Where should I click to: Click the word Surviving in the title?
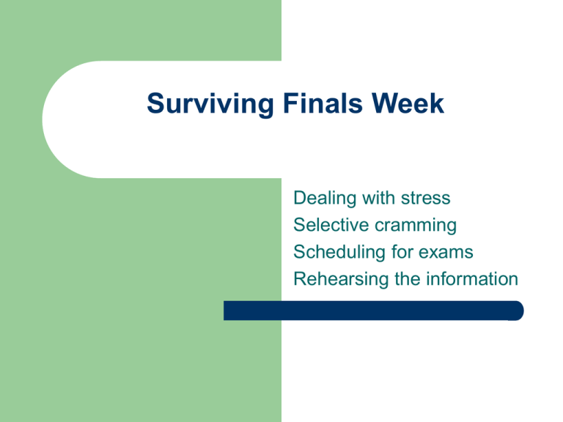pyautogui.click(x=210, y=105)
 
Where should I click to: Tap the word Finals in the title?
pyautogui.click(x=323, y=103)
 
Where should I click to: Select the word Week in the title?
pyautogui.click(x=408, y=103)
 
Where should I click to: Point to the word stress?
pyautogui.click(x=425, y=199)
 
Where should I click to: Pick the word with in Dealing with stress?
pyautogui.click(x=378, y=198)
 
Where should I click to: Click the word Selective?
pyautogui.click(x=331, y=225)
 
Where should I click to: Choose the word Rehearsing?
pyautogui.click(x=341, y=280)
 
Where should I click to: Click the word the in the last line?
pyautogui.click(x=407, y=279)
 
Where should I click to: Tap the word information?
pyautogui.click(x=472, y=279)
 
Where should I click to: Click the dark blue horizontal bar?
pyautogui.click(x=373, y=311)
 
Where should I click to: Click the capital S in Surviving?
pyautogui.click(x=156, y=103)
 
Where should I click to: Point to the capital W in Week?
pyautogui.click(x=386, y=103)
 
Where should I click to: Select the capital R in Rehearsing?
pyautogui.click(x=301, y=279)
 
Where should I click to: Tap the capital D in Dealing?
pyautogui.click(x=301, y=198)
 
